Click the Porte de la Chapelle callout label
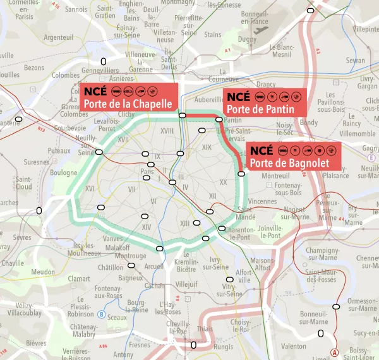click(x=128, y=98)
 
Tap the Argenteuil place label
click(x=59, y=38)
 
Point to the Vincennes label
click(x=262, y=201)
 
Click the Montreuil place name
click(x=275, y=176)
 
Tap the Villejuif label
click(x=187, y=284)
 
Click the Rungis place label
click(x=223, y=346)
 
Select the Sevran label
click(x=356, y=61)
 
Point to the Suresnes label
click(x=36, y=162)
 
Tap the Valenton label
click(x=294, y=346)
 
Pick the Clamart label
click(x=79, y=278)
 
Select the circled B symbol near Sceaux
click(x=101, y=314)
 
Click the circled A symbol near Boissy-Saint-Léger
click(x=335, y=352)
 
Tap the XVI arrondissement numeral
click(x=90, y=188)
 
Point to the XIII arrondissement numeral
click(x=185, y=224)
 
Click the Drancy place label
click(x=266, y=84)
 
